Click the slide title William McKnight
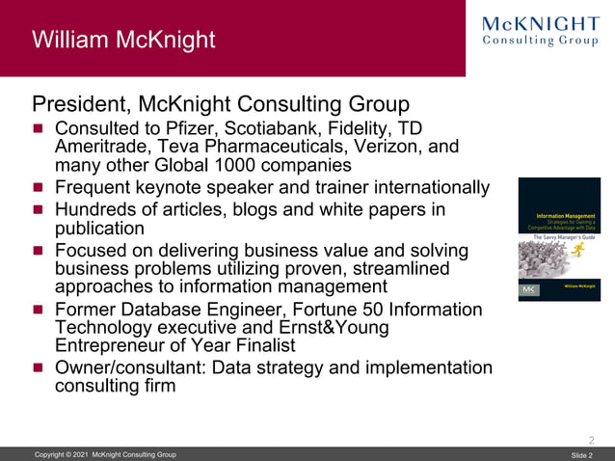pyautogui.click(x=123, y=41)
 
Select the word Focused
pyautogui.click(x=93, y=251)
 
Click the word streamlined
pyautogui.click(x=418, y=269)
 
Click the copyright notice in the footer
pyautogui.click(x=105, y=454)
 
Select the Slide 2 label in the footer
pyautogui.click(x=581, y=455)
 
